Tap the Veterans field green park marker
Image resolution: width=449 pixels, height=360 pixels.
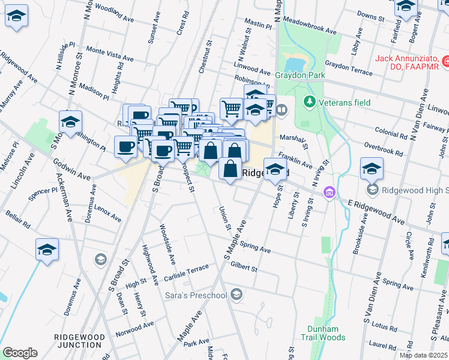(310, 101)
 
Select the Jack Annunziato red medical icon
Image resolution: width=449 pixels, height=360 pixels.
(445, 61)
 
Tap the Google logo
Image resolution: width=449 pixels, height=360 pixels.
(20, 353)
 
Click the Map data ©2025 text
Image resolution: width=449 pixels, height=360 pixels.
(423, 355)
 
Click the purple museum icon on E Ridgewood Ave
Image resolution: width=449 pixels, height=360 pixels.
(328, 193)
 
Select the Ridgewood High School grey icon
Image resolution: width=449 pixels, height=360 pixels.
(373, 190)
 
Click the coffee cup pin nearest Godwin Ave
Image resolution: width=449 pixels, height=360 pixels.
(126, 147)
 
